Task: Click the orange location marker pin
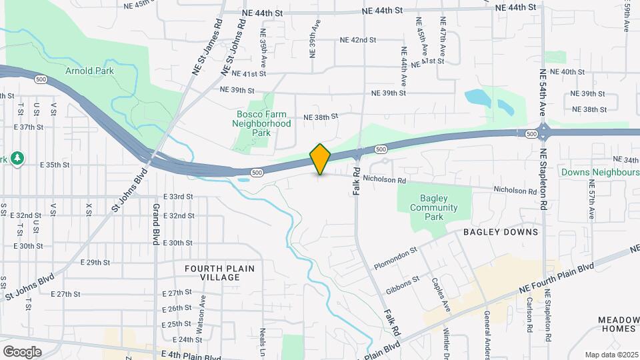[321, 159]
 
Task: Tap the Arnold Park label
[89, 71]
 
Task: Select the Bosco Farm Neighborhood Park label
[261, 123]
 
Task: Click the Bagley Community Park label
[434, 207]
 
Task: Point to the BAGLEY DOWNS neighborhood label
[501, 232]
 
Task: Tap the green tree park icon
[17, 159]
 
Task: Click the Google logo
[22, 351]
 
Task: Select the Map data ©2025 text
[611, 355]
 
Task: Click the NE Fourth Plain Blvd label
[556, 278]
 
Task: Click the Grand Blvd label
[155, 225]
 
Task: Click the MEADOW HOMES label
[618, 325]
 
